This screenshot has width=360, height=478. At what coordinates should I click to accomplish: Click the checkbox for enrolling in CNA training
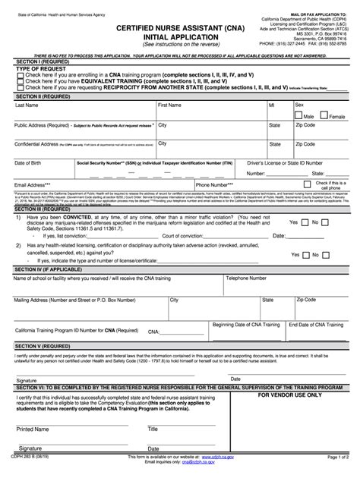(20, 76)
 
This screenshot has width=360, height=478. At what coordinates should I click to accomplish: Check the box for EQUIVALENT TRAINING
(20, 82)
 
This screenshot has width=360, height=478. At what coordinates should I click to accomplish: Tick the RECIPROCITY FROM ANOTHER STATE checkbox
(20, 88)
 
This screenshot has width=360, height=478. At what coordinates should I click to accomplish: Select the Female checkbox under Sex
(324, 116)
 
